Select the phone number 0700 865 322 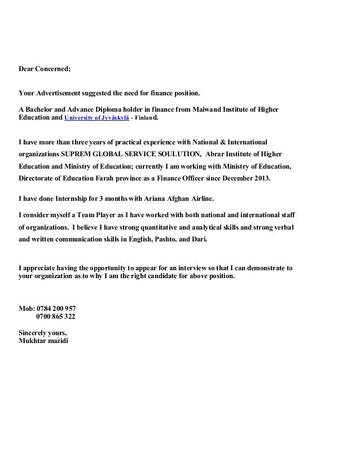point(56,316)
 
